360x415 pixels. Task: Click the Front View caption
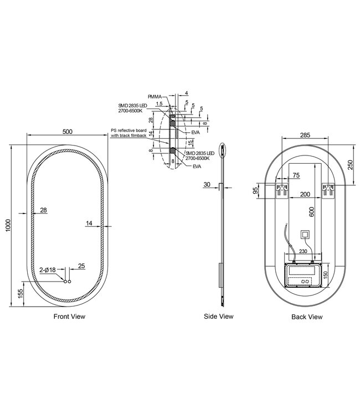click(x=69, y=317)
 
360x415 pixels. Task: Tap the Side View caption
click(x=219, y=317)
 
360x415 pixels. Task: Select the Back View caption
click(x=307, y=317)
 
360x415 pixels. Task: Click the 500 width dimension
click(x=67, y=132)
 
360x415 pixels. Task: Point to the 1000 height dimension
click(x=8, y=226)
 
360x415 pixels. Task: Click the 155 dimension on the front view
click(x=20, y=294)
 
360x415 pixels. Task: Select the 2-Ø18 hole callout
click(x=48, y=269)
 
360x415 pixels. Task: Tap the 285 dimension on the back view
click(x=305, y=135)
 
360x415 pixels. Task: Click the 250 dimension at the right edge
click(x=350, y=165)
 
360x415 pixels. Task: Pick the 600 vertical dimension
click(x=311, y=212)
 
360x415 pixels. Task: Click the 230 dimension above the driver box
click(x=303, y=251)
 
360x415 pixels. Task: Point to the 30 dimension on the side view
click(x=207, y=184)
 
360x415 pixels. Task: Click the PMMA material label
click(x=155, y=97)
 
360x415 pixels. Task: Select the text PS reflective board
click(x=128, y=131)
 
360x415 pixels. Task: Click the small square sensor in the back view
click(x=305, y=234)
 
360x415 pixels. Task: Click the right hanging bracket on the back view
click(x=328, y=190)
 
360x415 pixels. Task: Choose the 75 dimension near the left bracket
click(x=296, y=175)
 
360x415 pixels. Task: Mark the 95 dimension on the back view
click(x=255, y=190)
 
